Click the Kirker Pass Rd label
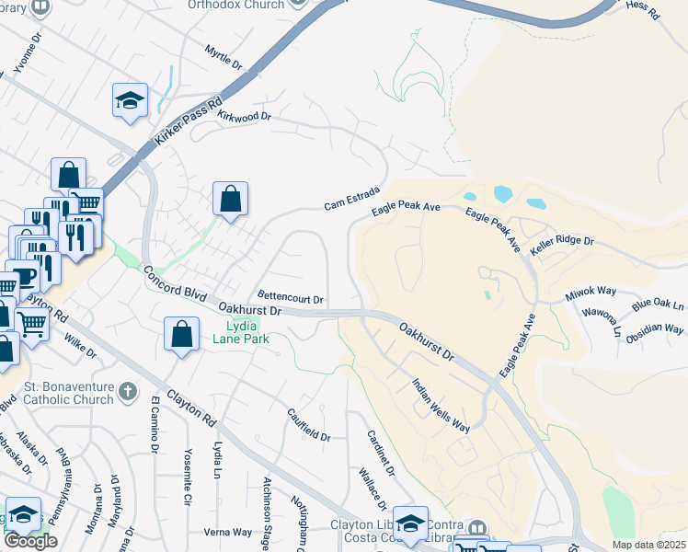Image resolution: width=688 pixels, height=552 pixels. [189, 120]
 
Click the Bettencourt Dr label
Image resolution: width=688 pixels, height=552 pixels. [290, 298]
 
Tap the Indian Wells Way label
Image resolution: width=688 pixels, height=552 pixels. [441, 406]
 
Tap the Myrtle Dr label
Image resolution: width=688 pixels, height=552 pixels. [223, 58]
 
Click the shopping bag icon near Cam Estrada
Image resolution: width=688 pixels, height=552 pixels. [230, 199]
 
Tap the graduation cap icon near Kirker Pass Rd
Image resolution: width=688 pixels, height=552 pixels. [130, 100]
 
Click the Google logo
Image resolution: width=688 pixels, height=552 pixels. [30, 541]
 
